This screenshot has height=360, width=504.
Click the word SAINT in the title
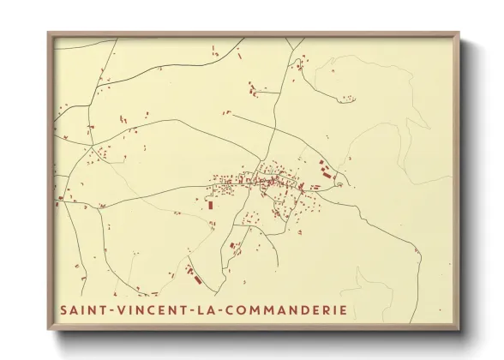82,309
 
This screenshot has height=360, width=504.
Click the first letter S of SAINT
63,309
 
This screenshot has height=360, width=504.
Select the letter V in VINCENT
121,309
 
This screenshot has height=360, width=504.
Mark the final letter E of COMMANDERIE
343,309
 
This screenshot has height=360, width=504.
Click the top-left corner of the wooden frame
48,33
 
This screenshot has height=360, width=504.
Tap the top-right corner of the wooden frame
459,33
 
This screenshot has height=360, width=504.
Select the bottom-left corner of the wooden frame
48,330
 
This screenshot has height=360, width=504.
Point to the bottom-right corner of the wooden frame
459,330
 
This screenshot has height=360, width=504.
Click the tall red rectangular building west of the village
210,204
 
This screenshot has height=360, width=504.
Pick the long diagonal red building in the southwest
194,277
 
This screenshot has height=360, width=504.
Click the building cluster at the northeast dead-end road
301,61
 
